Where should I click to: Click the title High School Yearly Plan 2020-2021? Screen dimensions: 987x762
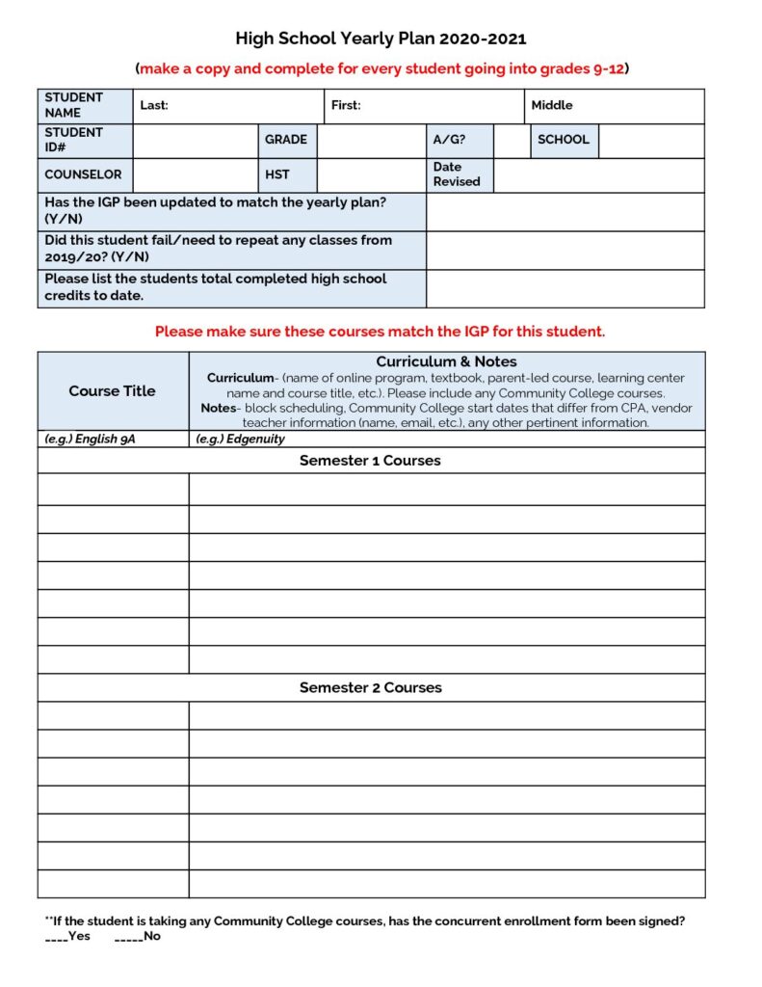381,39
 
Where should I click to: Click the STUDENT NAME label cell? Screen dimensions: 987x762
85,105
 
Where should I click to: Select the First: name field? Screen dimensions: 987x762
423,105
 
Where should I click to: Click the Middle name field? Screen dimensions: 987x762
614,105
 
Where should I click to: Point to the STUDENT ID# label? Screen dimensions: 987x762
85,140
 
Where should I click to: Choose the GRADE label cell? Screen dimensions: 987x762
286,140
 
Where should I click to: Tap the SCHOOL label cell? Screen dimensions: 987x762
564,140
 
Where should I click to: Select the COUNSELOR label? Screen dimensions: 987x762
84,174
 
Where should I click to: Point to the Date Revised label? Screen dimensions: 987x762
457,174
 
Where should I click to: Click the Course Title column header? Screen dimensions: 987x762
112,390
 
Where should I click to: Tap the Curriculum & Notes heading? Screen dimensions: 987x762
446,361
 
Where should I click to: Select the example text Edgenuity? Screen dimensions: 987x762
240,439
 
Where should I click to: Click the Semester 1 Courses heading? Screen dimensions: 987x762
370,461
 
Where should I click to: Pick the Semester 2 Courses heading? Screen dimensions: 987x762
370,688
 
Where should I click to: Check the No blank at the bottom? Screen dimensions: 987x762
127,937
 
